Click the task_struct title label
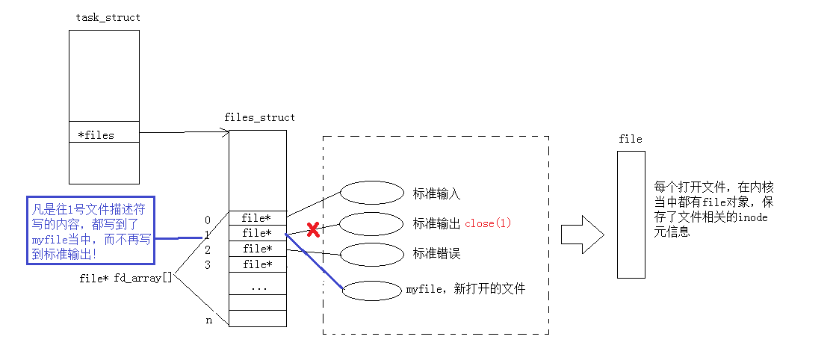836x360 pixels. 108,17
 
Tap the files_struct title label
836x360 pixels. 259,117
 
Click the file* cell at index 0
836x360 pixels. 257,218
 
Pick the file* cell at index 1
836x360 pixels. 257,233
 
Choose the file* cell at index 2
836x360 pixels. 257,249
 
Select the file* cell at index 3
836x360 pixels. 257,264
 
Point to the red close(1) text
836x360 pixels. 488,224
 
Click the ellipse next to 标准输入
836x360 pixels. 371,193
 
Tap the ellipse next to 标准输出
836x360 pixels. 371,223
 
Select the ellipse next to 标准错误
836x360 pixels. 371,254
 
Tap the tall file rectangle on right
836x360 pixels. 631,214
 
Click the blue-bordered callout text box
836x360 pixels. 90,229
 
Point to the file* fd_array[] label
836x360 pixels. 126,278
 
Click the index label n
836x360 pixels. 209,320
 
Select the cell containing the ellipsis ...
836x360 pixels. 257,287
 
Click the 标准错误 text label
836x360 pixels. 436,254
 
